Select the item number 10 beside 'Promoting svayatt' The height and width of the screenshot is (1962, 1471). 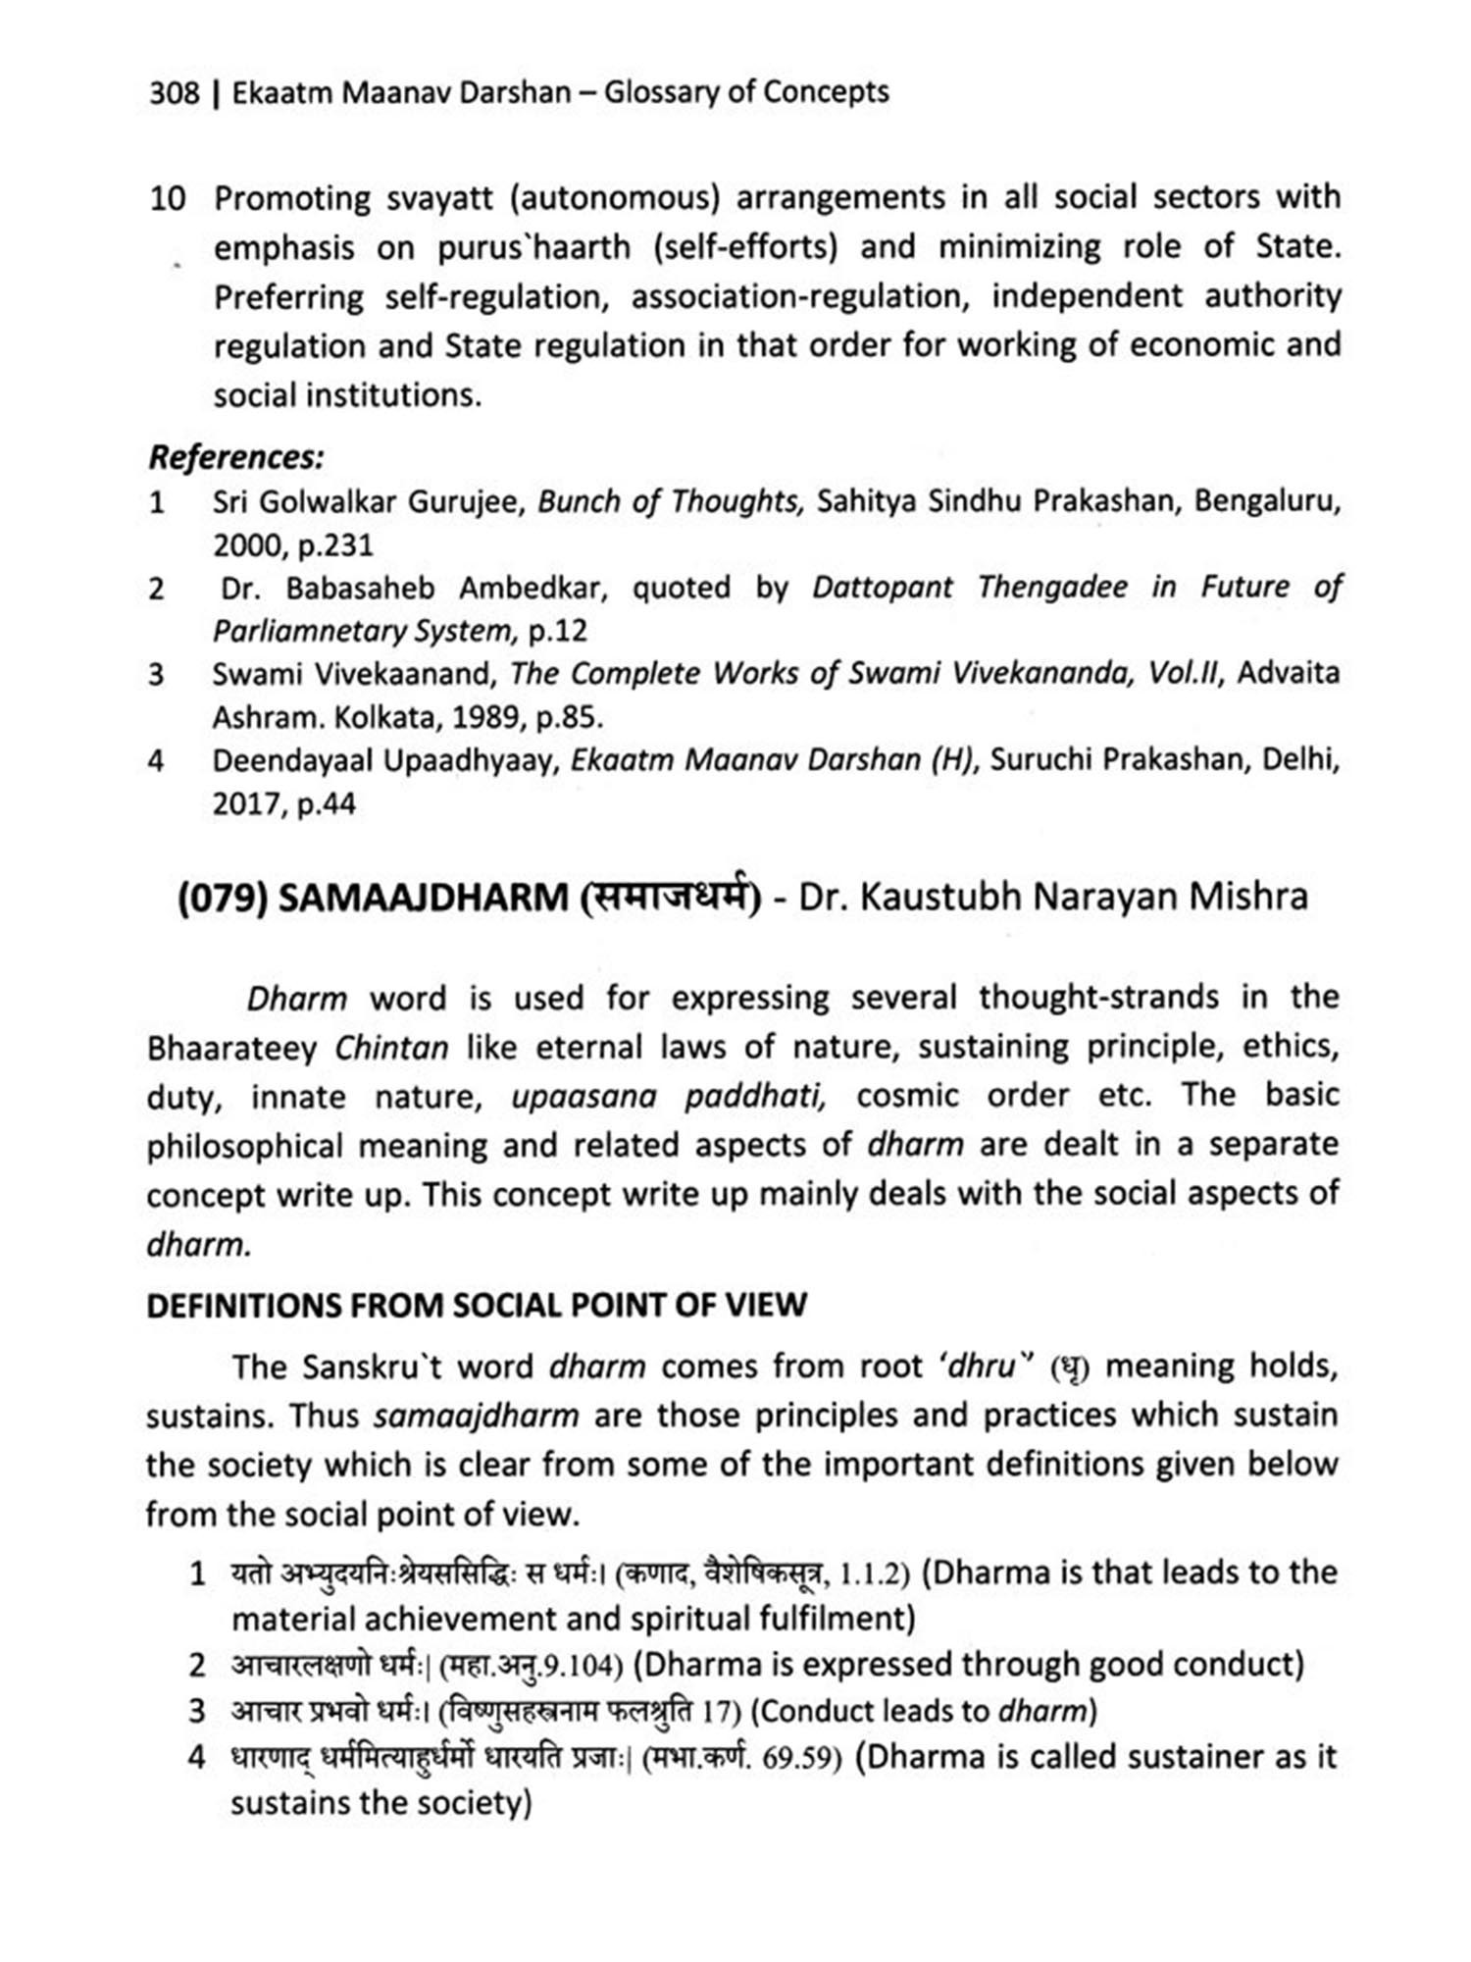167,198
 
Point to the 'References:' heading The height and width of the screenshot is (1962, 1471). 235,457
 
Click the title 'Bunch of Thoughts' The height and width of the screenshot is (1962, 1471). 671,501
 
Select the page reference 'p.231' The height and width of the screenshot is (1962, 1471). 334,545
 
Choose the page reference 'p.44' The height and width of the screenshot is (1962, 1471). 326,804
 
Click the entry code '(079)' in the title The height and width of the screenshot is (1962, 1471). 224,898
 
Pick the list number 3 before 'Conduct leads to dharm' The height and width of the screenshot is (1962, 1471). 197,1712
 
